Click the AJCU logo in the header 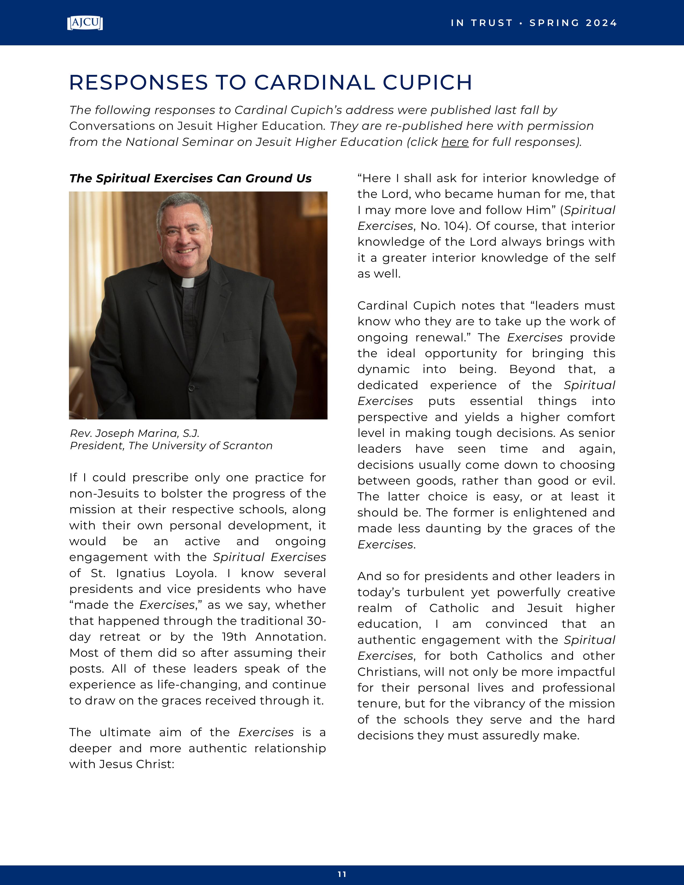tap(85, 23)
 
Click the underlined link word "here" tap(455, 142)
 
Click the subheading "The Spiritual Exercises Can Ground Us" tap(190, 179)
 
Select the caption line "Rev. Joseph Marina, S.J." tap(135, 433)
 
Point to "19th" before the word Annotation tap(234, 637)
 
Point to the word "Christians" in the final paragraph tap(389, 672)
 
